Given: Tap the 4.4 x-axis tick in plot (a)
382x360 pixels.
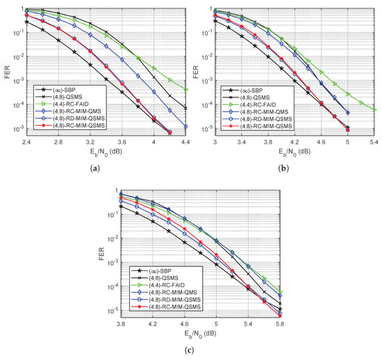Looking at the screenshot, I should click(183, 142).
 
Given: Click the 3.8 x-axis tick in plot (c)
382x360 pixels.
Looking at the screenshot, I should click(122, 323).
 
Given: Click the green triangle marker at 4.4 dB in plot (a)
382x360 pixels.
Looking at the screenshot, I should click(183, 90).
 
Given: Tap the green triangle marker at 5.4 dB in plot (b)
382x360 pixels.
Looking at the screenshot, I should click(375, 110).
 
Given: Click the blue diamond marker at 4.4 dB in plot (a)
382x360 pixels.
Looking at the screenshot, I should click(183, 126).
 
